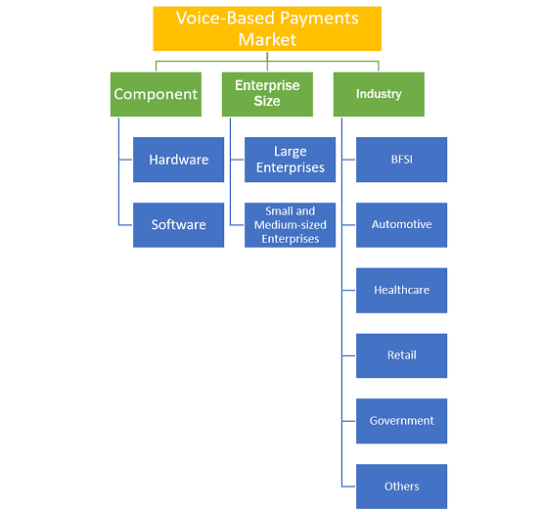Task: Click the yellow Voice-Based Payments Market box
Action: (267, 28)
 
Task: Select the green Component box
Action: (156, 94)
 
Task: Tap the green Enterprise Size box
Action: (267, 94)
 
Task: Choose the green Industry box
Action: (379, 94)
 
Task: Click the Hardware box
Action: (178, 160)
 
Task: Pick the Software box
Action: (178, 225)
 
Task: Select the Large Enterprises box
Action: (290, 160)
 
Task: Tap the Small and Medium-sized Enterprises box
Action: (290, 225)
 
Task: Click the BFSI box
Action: (401, 160)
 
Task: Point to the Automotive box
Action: (401, 225)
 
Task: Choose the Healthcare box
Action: (401, 290)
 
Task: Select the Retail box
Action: (401, 355)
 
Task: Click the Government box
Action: (401, 421)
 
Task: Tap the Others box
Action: (401, 487)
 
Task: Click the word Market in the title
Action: (267, 40)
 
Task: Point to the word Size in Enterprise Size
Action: (267, 101)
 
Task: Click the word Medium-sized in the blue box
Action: (291, 225)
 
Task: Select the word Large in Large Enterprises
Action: (291, 152)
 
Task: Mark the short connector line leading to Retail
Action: (348, 355)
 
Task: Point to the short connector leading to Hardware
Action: (126, 160)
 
